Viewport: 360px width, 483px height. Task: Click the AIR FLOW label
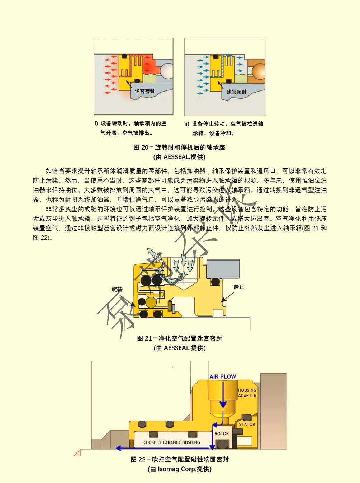click(x=223, y=376)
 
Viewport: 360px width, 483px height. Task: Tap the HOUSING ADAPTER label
click(x=247, y=393)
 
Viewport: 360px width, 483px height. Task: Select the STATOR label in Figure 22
click(x=247, y=424)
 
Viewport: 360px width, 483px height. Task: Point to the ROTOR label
click(x=222, y=433)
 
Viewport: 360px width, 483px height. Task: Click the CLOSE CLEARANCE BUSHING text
click(x=172, y=442)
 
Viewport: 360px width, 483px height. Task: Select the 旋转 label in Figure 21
click(x=117, y=289)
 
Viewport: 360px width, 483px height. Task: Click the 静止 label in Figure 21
click(x=239, y=287)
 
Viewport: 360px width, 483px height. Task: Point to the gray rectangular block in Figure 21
click(x=223, y=268)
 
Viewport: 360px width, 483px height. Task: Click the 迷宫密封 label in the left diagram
click(x=145, y=91)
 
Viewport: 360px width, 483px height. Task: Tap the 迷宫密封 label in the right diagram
click(x=237, y=92)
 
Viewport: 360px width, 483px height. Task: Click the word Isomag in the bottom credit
click(x=169, y=469)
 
